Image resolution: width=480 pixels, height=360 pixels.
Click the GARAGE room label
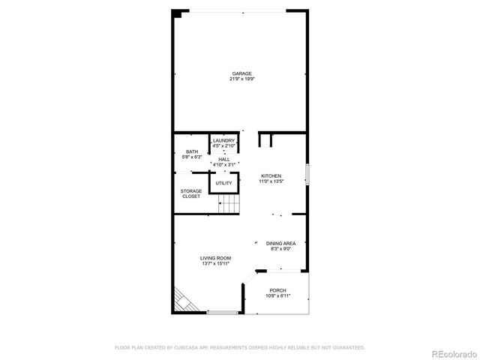point(241,73)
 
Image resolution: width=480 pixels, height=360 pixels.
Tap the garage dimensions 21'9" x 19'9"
point(241,79)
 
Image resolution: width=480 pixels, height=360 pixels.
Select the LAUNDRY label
point(223,140)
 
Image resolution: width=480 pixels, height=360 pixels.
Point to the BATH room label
point(193,152)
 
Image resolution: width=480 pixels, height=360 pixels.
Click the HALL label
point(224,159)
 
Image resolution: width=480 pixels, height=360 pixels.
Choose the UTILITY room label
point(224,183)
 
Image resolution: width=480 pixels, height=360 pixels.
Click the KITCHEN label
point(271,175)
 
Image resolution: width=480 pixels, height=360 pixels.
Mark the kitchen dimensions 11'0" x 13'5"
point(271,181)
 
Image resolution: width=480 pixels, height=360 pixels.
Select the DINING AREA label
point(280,244)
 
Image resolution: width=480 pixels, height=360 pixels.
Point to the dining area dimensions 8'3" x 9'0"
point(280,249)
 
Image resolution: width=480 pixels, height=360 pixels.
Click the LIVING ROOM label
point(215,259)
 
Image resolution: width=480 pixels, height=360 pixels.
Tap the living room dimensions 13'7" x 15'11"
point(215,264)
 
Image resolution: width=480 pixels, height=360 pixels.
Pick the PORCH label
point(277,290)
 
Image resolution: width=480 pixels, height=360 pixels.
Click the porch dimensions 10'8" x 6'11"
point(277,295)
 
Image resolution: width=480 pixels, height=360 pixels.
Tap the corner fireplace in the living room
point(182,301)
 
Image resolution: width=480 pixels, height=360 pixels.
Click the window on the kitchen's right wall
point(307,176)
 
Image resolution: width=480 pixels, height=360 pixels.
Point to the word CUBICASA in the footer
point(191,347)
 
